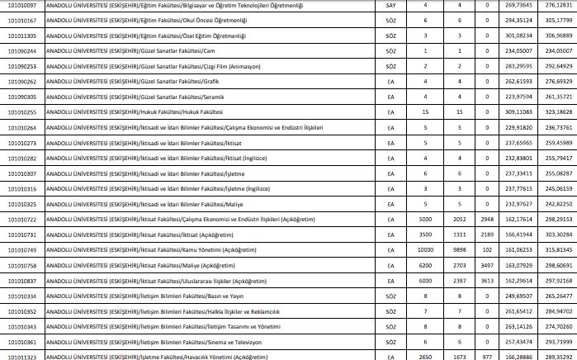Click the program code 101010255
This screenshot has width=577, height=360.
tap(22, 111)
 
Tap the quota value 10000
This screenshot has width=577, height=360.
tap(425, 249)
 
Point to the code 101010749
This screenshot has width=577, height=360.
tap(22, 249)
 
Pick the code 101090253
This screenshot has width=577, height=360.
tap(22, 65)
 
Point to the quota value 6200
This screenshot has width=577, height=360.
tap(425, 265)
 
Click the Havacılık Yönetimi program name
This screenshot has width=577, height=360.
tap(157, 357)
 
